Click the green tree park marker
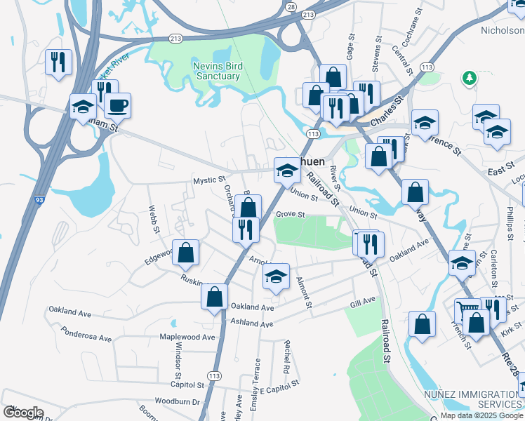[x=468, y=77]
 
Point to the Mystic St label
[x=210, y=180]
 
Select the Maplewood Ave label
[x=187, y=338]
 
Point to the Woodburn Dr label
[x=178, y=402]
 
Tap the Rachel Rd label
[x=286, y=356]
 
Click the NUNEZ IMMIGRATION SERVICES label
[x=472, y=399]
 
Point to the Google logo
[x=23, y=413]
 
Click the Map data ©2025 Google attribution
[x=481, y=415]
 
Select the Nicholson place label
[x=501, y=31]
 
